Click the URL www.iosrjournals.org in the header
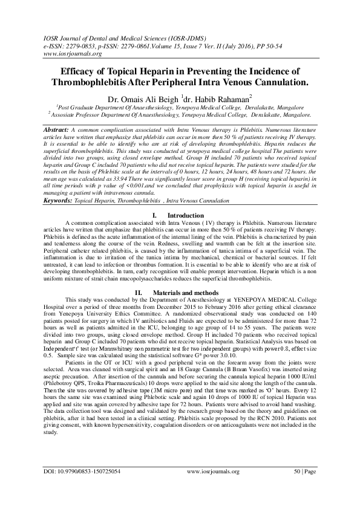(71, 54)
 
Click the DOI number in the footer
(89, 487)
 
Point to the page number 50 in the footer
(297, 487)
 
